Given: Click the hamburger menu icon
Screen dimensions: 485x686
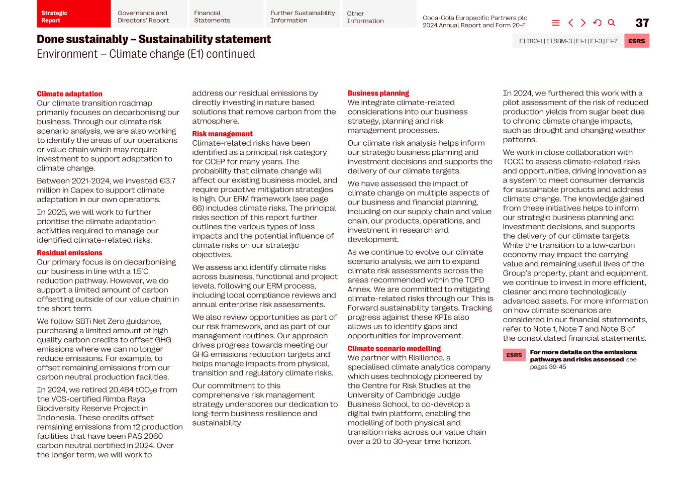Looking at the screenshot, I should [556, 23].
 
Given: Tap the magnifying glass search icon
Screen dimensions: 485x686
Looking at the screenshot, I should [612, 23].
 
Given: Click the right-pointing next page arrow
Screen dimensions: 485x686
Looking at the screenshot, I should [583, 23].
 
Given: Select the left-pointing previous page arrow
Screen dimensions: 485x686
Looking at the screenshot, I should [570, 23].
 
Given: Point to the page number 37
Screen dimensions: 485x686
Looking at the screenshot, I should [642, 23].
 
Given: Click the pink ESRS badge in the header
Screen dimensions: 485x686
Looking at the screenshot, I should [636, 41].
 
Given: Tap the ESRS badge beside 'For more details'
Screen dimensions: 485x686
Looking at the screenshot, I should [514, 355].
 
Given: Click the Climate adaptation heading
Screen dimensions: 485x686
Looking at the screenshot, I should [69, 94].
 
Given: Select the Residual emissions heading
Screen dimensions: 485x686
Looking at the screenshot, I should [69, 253].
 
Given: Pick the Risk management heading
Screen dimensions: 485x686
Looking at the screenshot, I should [222, 134].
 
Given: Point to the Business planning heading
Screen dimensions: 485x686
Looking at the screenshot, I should [378, 93].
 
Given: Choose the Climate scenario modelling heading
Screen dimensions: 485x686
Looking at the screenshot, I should [394, 349].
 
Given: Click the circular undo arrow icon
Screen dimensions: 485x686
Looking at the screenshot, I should [597, 23].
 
